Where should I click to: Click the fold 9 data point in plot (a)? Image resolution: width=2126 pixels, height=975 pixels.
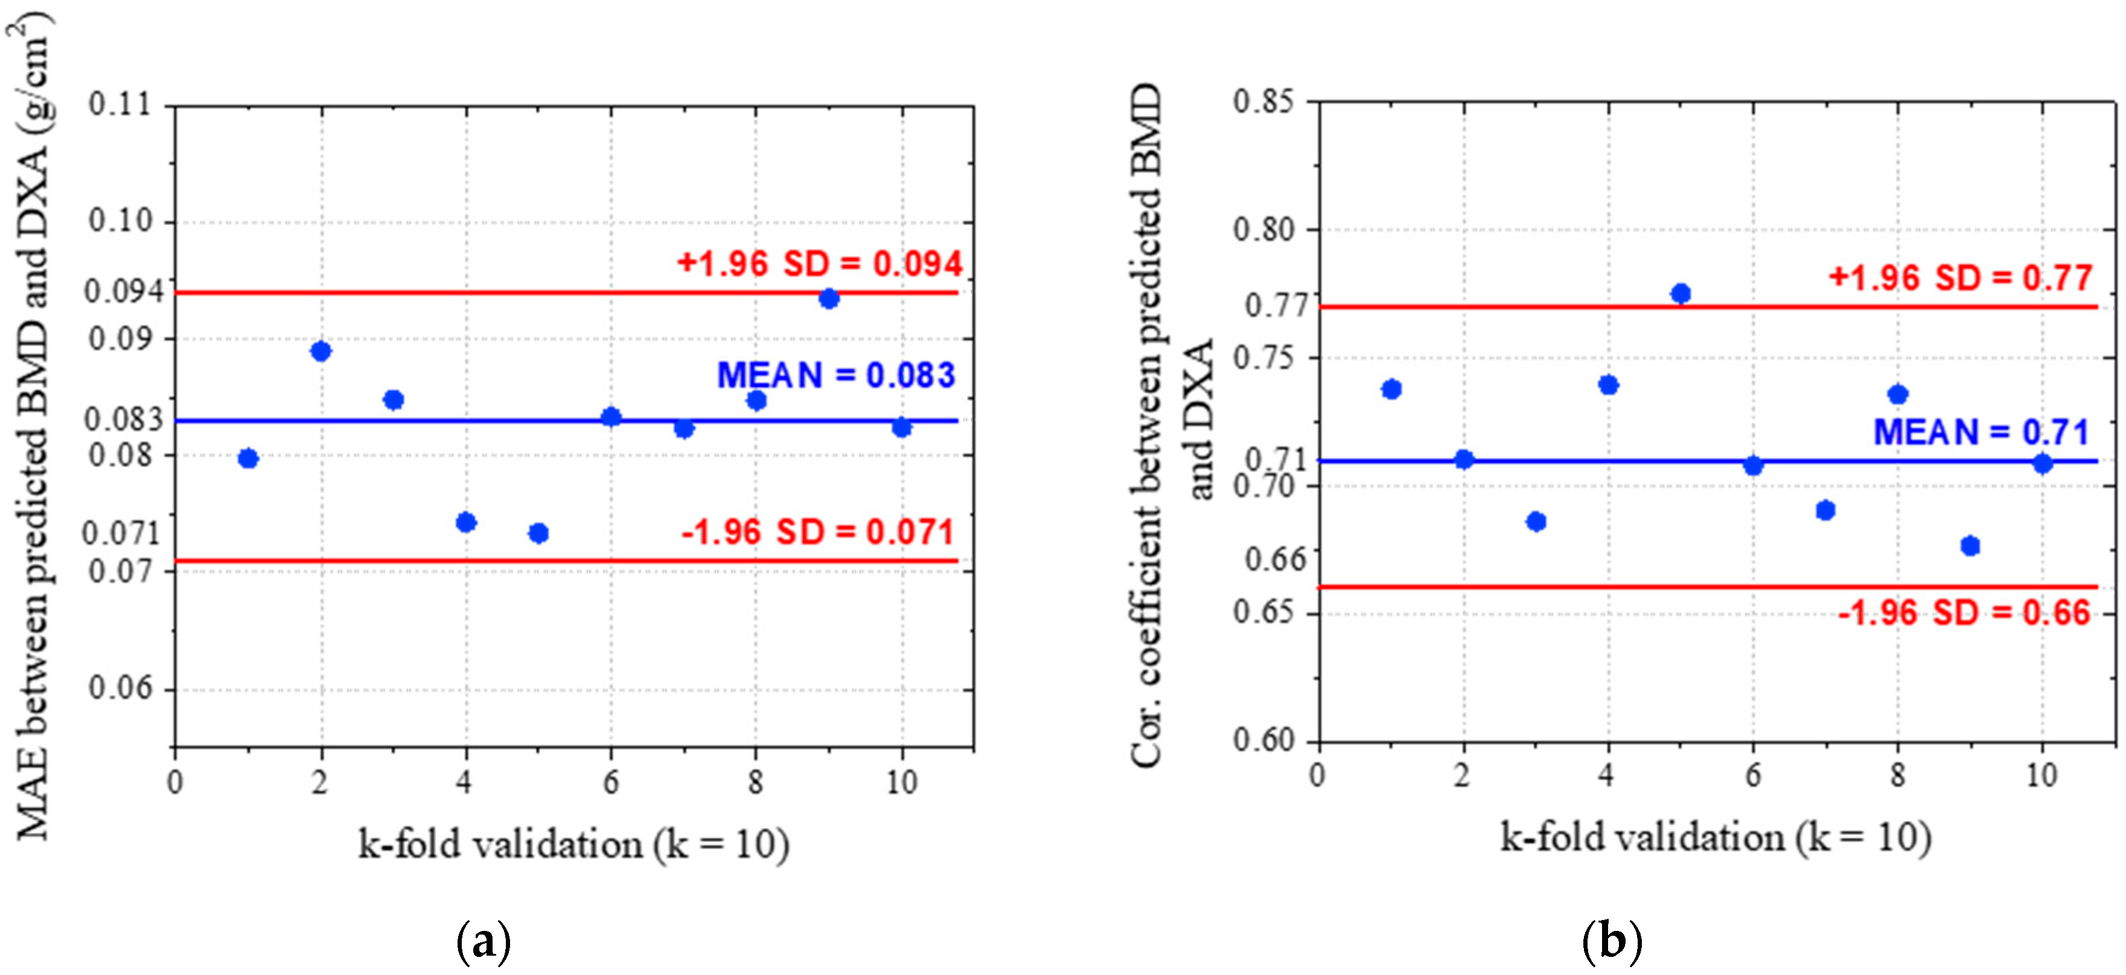[829, 299]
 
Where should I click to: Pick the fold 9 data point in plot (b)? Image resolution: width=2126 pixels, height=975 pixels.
[1970, 546]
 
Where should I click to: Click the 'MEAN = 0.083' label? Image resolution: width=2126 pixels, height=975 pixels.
[835, 376]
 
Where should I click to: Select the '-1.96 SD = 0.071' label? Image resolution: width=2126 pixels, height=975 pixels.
[817, 532]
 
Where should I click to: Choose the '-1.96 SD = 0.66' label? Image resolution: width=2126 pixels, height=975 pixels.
[1964, 613]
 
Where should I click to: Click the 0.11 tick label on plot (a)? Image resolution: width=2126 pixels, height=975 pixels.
[121, 105]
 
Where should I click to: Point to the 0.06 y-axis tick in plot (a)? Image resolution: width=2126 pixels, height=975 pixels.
[121, 687]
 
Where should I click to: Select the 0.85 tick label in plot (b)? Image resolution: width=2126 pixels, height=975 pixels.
[1263, 103]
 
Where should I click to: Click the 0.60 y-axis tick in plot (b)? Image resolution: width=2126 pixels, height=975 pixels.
[1263, 740]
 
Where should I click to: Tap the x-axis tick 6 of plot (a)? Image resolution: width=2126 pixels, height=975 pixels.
[611, 782]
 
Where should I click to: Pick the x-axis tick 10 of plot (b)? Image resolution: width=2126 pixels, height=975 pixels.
[2042, 775]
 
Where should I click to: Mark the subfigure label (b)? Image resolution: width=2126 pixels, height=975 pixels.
[1612, 941]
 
